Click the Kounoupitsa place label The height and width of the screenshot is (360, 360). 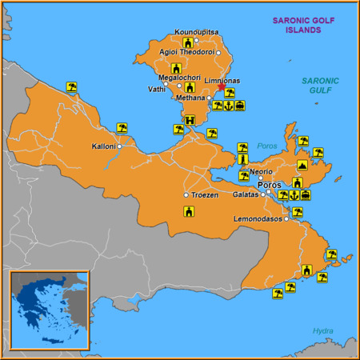pyautogui.click(x=194, y=32)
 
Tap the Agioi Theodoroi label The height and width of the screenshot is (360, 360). pyautogui.click(x=186, y=52)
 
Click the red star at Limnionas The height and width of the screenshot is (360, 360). pyautogui.click(x=222, y=90)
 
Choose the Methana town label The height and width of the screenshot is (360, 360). pyautogui.click(x=191, y=97)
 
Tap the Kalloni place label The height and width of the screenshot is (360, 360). pyautogui.click(x=104, y=146)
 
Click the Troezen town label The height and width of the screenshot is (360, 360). pyautogui.click(x=205, y=195)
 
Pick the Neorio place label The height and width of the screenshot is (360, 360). pyautogui.click(x=261, y=171)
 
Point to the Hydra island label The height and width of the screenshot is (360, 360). pyautogui.click(x=323, y=330)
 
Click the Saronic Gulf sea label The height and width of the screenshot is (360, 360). pyautogui.click(x=321, y=86)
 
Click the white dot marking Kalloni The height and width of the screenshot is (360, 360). pyautogui.click(x=119, y=146)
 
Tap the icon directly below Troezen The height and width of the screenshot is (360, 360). pyautogui.click(x=189, y=212)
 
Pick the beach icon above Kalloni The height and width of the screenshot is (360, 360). pyautogui.click(x=122, y=127)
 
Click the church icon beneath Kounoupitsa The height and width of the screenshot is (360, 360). pyautogui.click(x=187, y=42)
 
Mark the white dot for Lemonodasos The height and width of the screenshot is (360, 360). pyautogui.click(x=286, y=218)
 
